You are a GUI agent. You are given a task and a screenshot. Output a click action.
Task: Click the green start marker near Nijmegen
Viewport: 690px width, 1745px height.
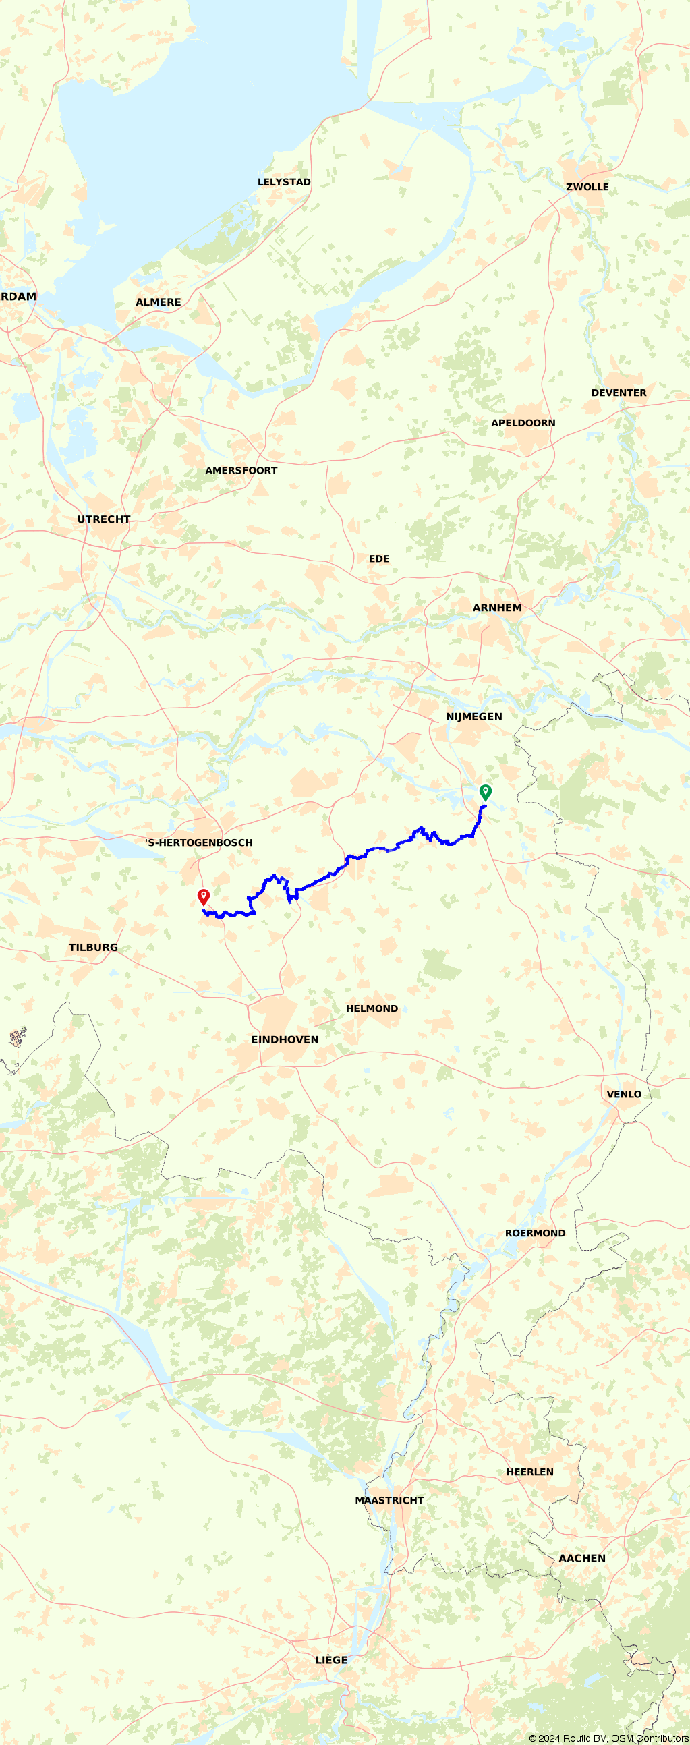tap(486, 792)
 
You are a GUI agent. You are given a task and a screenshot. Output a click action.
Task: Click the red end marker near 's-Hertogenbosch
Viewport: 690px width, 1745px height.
tap(203, 897)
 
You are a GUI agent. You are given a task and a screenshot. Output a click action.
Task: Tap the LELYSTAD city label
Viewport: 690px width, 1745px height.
tap(284, 182)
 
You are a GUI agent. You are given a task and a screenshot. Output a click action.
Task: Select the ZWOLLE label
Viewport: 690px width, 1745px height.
tap(587, 187)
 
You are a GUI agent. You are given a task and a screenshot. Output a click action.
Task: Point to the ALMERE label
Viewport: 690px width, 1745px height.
tap(159, 302)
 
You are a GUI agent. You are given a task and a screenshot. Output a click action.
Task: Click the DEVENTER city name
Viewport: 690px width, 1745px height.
tap(619, 393)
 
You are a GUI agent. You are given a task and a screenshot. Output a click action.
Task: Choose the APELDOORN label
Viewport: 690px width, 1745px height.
tap(523, 423)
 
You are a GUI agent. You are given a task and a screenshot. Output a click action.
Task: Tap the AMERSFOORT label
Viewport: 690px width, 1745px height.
tap(241, 470)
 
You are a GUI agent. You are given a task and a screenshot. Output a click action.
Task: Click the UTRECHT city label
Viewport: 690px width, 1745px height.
tap(104, 519)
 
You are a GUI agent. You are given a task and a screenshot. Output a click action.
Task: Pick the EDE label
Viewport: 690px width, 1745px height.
tap(378, 559)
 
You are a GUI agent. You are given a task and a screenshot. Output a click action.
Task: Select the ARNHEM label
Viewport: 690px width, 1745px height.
tap(497, 608)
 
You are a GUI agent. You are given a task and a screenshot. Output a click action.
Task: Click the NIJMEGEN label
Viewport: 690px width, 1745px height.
tap(474, 717)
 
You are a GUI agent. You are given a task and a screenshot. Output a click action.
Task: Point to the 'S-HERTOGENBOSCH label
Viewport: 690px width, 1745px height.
tap(199, 842)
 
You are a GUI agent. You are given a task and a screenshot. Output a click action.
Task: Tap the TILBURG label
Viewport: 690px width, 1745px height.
tap(93, 947)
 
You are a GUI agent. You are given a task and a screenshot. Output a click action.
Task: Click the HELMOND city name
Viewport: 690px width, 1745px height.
tap(372, 1008)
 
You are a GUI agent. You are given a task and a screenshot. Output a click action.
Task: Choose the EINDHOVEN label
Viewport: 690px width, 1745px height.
tap(285, 1040)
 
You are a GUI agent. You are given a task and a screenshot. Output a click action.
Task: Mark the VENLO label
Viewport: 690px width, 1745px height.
tap(624, 1094)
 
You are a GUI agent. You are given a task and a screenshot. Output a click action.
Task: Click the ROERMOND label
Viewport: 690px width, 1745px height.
tap(535, 1233)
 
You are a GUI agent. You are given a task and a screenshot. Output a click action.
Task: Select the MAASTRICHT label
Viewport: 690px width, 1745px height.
tap(389, 1500)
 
